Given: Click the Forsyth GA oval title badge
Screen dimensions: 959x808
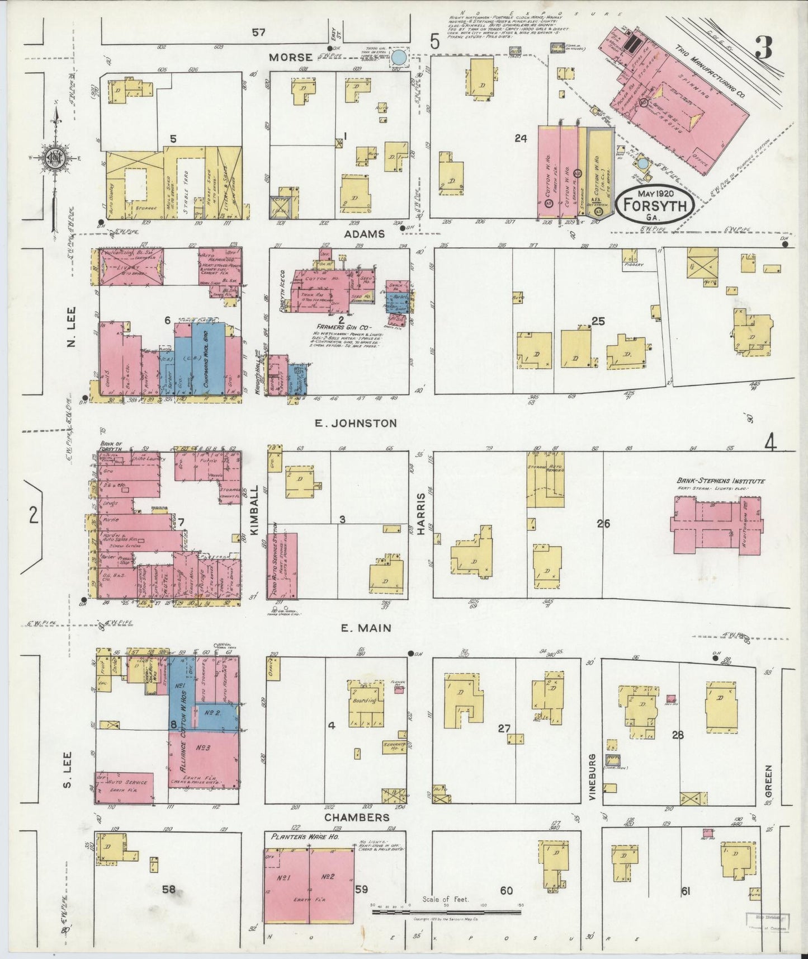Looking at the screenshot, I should [x=655, y=205].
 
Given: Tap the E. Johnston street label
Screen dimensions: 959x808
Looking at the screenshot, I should [x=356, y=423].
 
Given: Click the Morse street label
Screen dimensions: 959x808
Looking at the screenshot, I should [x=290, y=57].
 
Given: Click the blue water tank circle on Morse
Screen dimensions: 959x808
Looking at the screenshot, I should [x=399, y=57].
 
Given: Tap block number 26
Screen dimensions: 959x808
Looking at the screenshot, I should [x=603, y=524].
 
